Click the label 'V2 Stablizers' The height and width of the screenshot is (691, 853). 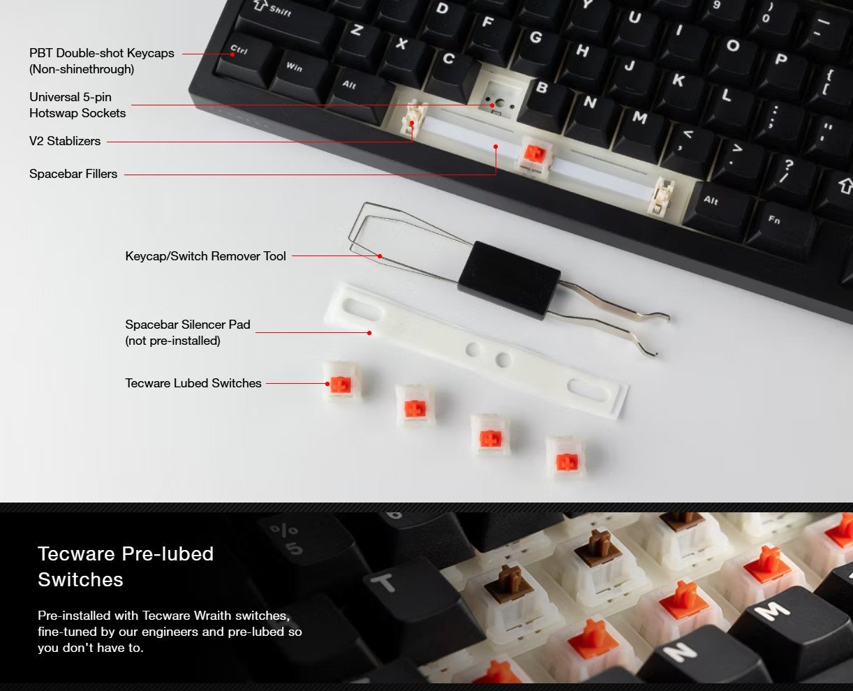[x=65, y=141]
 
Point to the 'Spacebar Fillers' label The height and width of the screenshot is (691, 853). [x=73, y=174]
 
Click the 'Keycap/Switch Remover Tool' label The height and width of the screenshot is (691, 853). [x=205, y=256]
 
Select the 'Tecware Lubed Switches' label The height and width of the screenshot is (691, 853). [x=193, y=383]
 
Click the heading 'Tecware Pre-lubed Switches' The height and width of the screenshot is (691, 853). [x=126, y=567]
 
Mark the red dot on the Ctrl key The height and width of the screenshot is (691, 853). [x=232, y=54]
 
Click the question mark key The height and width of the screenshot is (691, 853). [x=789, y=176]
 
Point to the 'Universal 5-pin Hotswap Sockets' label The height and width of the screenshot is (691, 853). [x=77, y=105]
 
